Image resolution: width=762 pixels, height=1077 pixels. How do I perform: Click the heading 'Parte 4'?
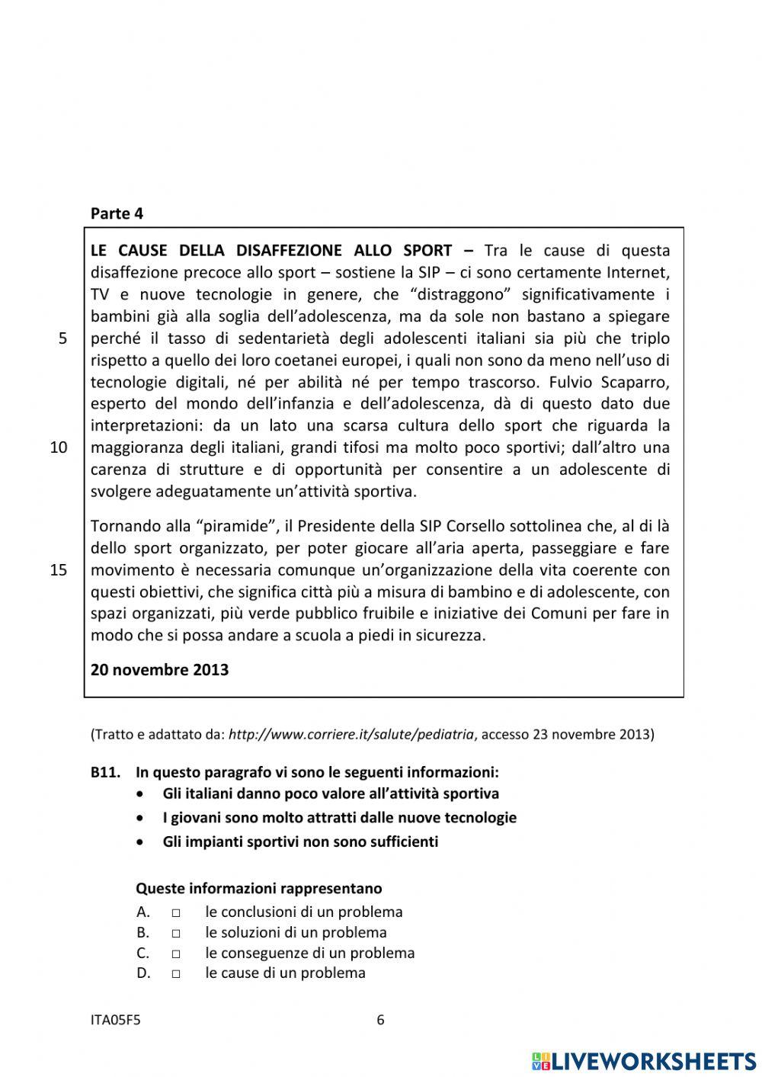(117, 213)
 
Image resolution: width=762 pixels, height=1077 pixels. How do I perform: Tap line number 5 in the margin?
(62, 338)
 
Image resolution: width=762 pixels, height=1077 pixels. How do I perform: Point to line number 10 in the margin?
(59, 447)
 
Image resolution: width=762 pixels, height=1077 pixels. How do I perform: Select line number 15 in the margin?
(59, 570)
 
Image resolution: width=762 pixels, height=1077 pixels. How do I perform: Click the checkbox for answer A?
(176, 912)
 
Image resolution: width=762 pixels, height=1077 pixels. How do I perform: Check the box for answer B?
(176, 933)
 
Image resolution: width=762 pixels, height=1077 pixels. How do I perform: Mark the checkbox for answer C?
(176, 954)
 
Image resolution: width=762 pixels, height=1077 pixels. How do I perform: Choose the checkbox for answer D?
(176, 973)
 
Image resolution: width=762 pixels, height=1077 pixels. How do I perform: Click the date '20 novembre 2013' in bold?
(159, 670)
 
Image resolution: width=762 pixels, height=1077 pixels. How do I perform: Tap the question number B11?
(105, 772)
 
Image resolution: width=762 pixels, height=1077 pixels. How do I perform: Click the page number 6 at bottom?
(381, 1020)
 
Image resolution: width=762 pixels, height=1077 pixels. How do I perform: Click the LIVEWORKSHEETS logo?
(644, 1060)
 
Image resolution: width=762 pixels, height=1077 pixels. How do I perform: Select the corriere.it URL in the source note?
(351, 735)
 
